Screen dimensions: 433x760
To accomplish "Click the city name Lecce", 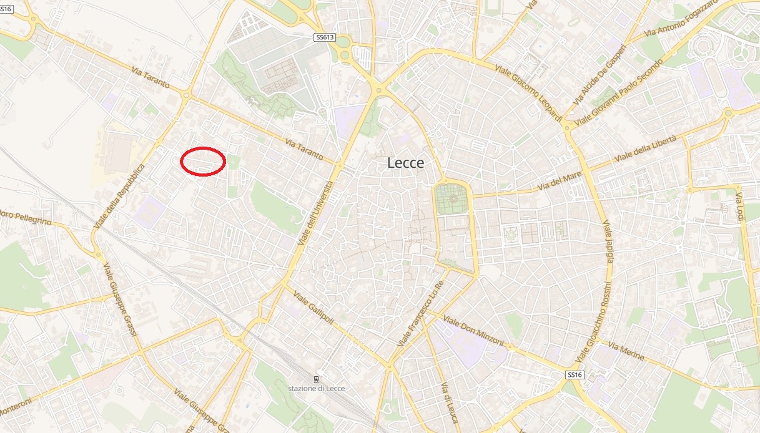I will (x=405, y=163).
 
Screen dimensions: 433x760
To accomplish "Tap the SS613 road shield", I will (x=325, y=37).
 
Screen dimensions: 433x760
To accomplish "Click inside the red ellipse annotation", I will (x=202, y=161).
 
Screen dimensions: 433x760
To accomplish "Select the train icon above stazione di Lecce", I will (x=317, y=379).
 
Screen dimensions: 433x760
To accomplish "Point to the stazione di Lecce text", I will (x=317, y=388).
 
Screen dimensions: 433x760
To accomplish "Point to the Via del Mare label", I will (x=559, y=182).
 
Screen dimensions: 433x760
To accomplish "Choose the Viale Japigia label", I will (x=609, y=240).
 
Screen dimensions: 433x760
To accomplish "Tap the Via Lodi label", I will (x=741, y=206).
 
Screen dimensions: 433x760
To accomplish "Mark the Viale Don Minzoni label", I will (x=473, y=331).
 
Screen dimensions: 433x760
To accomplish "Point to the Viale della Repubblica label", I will (x=119, y=197).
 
